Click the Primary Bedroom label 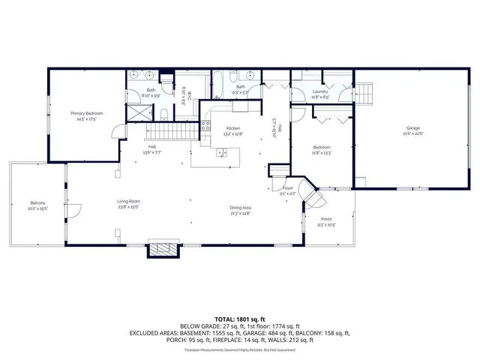point(88,113)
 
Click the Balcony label point(38,203)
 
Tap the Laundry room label point(321,92)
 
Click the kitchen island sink point(221,153)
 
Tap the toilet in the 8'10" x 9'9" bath point(163,115)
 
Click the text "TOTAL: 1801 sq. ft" point(240,319)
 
